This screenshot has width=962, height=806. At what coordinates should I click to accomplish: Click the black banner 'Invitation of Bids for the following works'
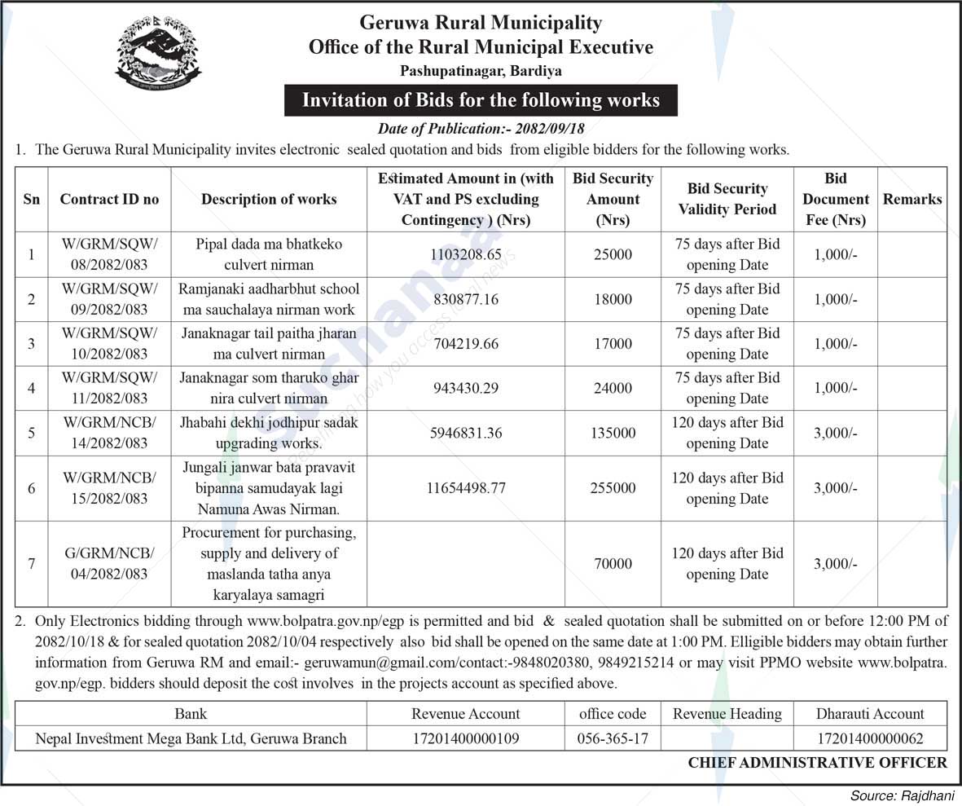pyautogui.click(x=481, y=100)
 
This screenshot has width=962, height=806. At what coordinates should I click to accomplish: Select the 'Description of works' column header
pyautogui.click(x=269, y=199)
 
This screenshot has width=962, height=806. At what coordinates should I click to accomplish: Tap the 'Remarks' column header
pyautogui.click(x=912, y=199)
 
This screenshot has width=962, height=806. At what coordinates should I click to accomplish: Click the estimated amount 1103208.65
pyautogui.click(x=465, y=254)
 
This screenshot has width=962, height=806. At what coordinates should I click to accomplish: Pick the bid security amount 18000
pyautogui.click(x=613, y=299)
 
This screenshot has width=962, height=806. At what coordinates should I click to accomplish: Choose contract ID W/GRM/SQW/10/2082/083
pyautogui.click(x=109, y=343)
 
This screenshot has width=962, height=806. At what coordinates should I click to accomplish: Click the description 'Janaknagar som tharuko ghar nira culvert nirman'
pyautogui.click(x=269, y=388)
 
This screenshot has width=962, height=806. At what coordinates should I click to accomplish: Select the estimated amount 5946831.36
pyautogui.click(x=465, y=433)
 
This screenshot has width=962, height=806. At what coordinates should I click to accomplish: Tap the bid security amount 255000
pyautogui.click(x=613, y=488)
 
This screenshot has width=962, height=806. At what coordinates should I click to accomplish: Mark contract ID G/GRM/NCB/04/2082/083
pyautogui.click(x=109, y=563)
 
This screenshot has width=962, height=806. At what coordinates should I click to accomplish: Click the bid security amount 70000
pyautogui.click(x=613, y=563)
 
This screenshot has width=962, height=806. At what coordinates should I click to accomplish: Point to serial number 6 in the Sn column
pyautogui.click(x=31, y=488)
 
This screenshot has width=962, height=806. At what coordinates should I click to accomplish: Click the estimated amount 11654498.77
pyautogui.click(x=465, y=488)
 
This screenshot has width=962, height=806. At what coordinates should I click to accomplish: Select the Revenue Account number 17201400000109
pyautogui.click(x=465, y=739)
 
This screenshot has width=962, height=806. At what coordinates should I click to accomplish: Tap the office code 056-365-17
pyautogui.click(x=613, y=739)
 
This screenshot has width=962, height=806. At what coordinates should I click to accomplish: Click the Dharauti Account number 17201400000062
pyautogui.click(x=870, y=739)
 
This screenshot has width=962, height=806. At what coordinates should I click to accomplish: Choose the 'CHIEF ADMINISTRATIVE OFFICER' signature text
pyautogui.click(x=817, y=763)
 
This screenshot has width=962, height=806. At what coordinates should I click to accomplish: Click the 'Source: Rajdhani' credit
pyautogui.click(x=901, y=795)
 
